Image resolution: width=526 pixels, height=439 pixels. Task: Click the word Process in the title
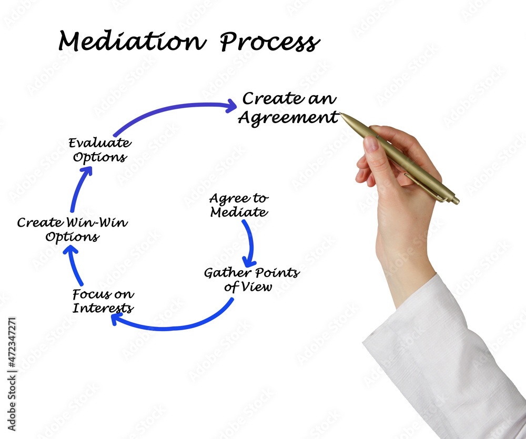pyautogui.click(x=269, y=42)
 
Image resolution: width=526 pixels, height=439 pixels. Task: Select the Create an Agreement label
pyautogui.click(x=288, y=108)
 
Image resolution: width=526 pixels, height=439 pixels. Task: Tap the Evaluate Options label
pyautogui.click(x=99, y=150)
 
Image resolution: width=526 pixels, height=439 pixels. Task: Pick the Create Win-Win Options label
pyautogui.click(x=72, y=229)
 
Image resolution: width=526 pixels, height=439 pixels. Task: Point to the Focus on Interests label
pyautogui.click(x=103, y=301)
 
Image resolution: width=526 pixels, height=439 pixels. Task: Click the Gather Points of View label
pyautogui.click(x=251, y=279)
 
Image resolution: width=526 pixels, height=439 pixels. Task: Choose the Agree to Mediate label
pyautogui.click(x=238, y=206)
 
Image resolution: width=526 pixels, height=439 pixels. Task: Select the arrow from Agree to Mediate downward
pyautogui.click(x=249, y=242)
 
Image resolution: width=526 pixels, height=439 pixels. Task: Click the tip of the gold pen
pyautogui.click(x=341, y=114)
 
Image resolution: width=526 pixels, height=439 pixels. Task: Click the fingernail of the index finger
pyautogui.click(x=371, y=143)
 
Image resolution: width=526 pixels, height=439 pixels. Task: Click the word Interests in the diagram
pyautogui.click(x=103, y=308)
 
